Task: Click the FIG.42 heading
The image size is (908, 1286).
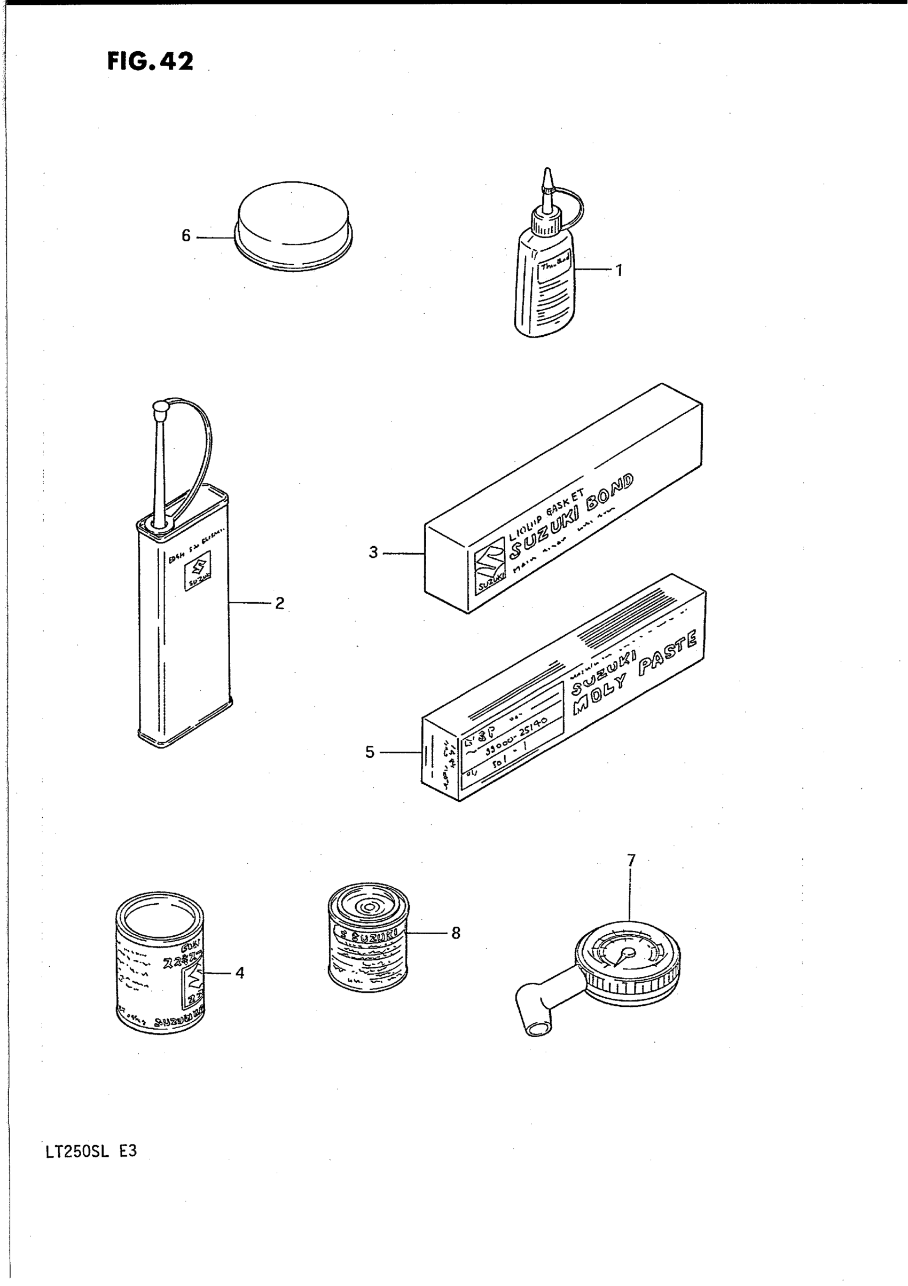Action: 150,61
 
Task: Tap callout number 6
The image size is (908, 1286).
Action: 186,236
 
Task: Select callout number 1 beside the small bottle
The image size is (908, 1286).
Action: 619,271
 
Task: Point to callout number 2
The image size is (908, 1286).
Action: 279,603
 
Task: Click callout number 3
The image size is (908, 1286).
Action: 373,553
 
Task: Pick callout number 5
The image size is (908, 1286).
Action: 370,752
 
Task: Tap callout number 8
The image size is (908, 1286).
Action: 456,933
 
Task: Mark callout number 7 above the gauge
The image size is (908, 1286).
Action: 631,860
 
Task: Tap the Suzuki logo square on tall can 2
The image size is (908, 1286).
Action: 197,570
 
